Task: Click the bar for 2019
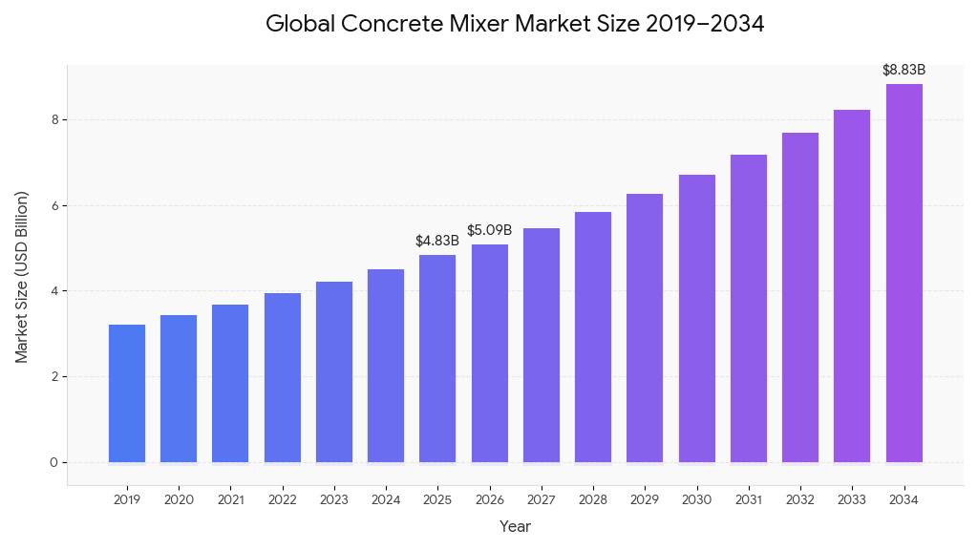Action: (127, 393)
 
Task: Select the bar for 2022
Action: (283, 378)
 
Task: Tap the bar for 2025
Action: (437, 359)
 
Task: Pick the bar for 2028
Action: (593, 337)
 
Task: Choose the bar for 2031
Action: (749, 308)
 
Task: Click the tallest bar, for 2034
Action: (904, 273)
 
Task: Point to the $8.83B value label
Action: (904, 70)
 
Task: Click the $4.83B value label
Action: (437, 241)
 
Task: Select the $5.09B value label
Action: (489, 230)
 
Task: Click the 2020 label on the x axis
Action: (179, 499)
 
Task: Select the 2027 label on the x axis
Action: (542, 499)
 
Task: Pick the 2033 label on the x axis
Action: (852, 499)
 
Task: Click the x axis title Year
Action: (515, 526)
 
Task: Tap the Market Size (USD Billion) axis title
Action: (22, 277)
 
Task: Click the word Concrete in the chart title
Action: (394, 25)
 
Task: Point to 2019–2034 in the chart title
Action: (705, 25)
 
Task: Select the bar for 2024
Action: (386, 366)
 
